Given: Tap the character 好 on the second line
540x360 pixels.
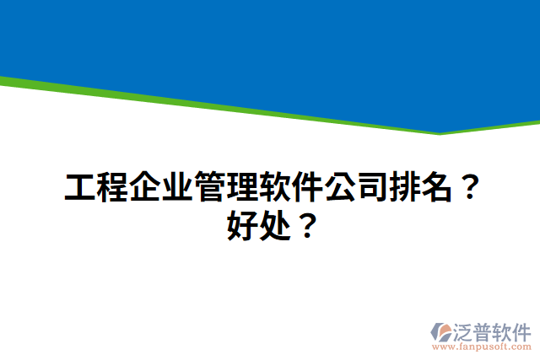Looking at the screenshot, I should [240, 226].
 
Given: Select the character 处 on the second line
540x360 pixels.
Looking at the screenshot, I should [273, 226].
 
